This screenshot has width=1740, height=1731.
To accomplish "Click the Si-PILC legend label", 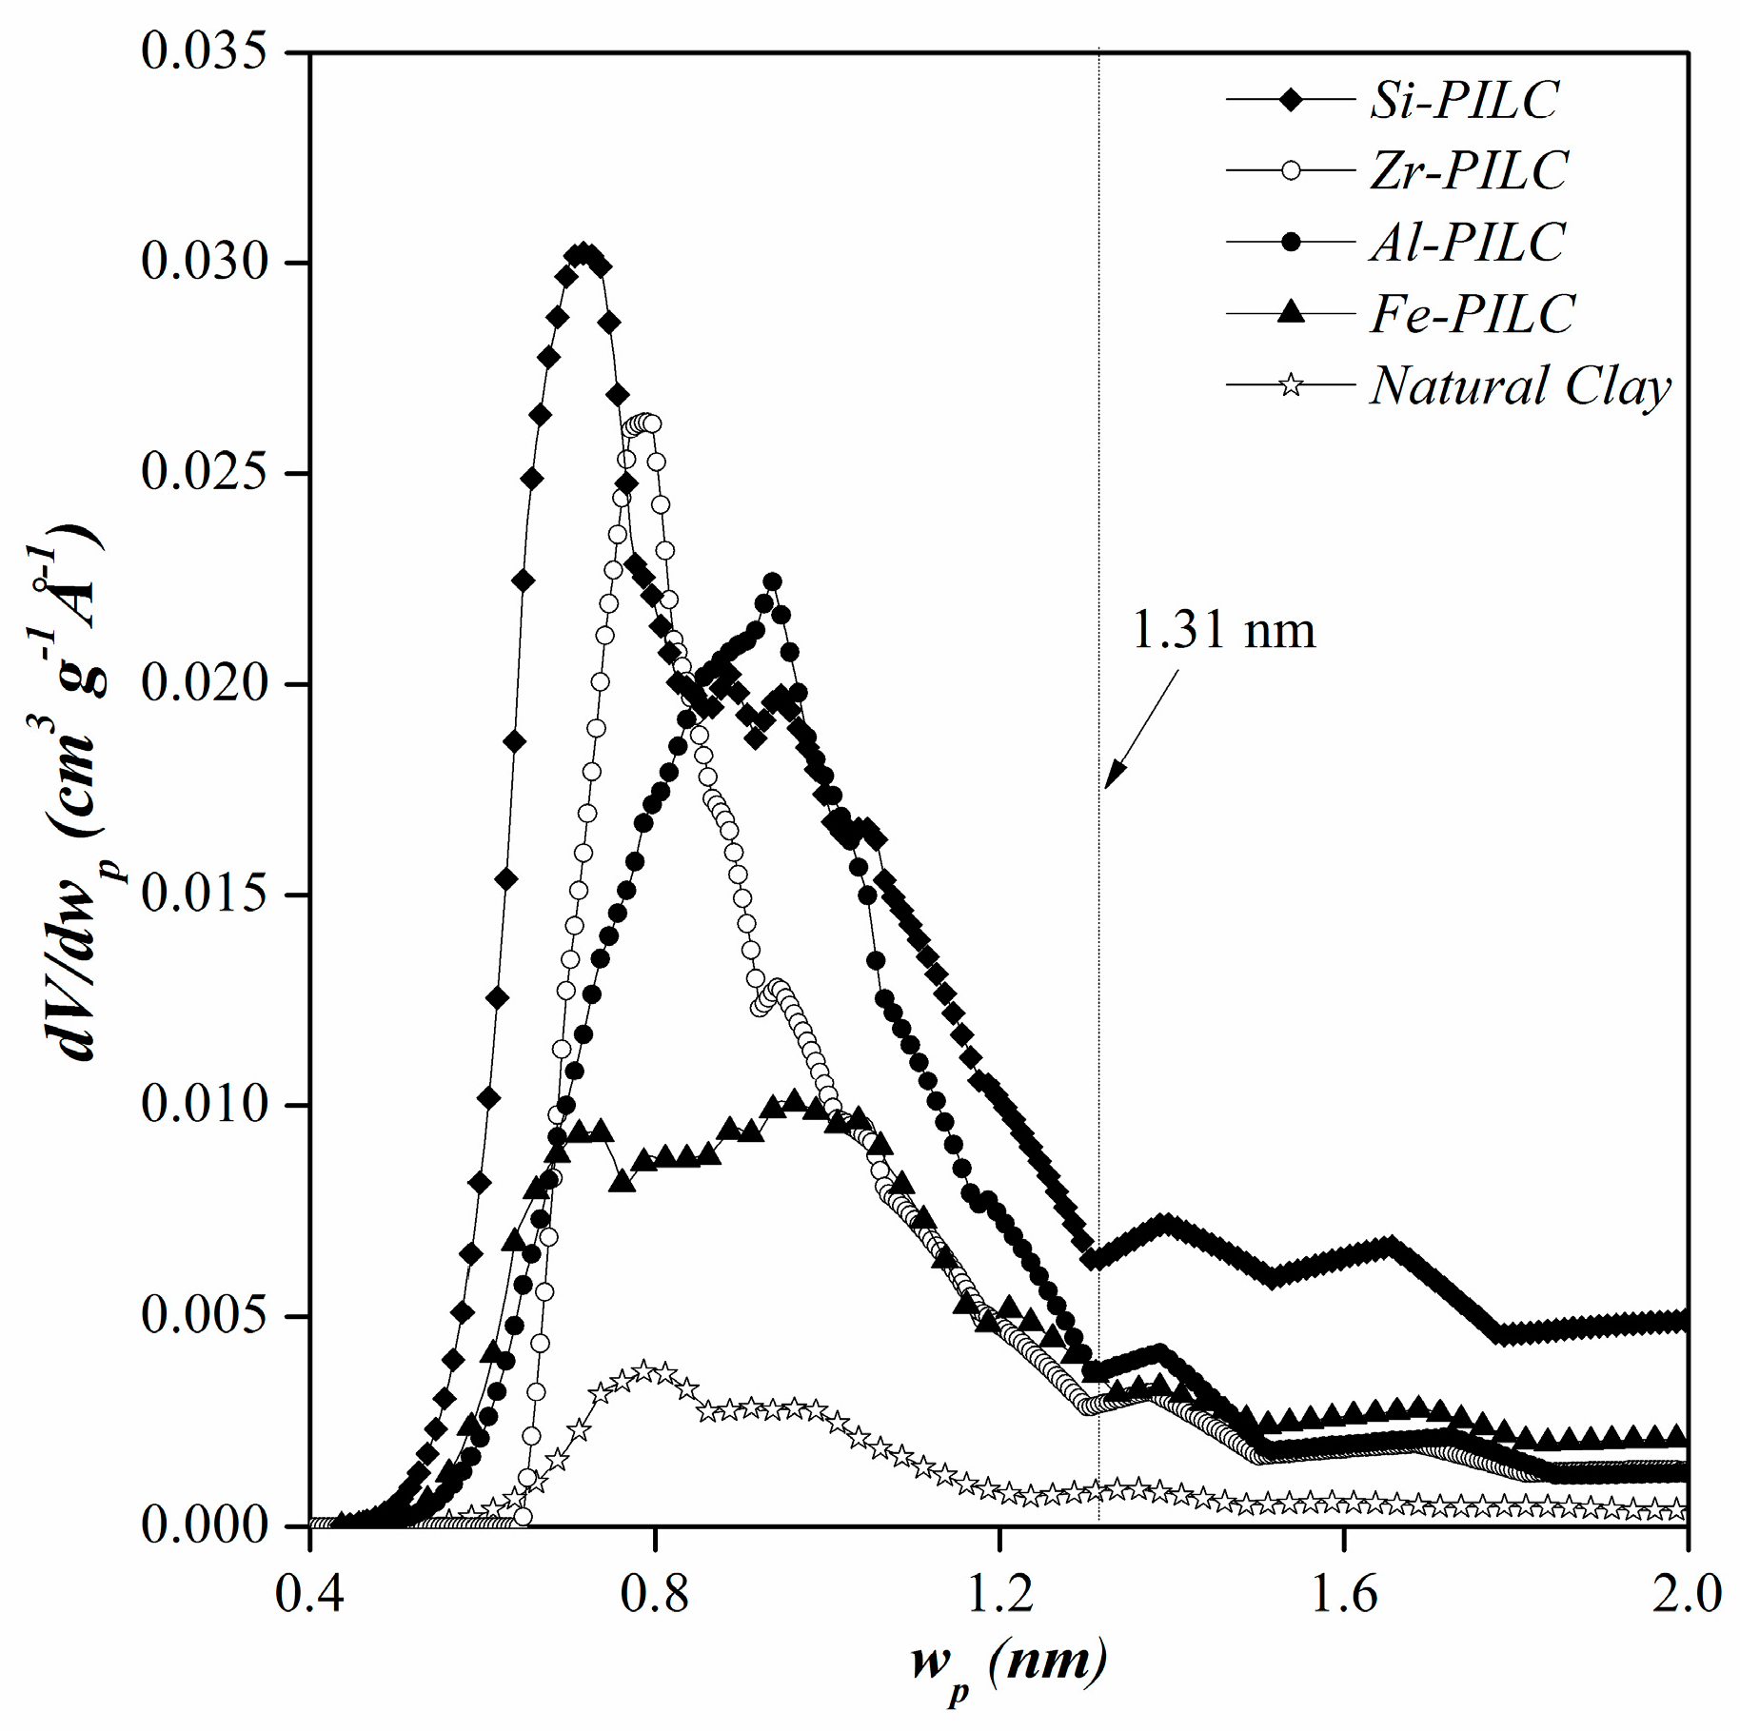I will (1464, 100).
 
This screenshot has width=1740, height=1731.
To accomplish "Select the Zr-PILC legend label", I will (1469, 171).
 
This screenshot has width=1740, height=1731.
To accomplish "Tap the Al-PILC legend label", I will (1467, 243).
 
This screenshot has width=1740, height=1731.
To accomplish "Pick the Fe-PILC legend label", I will (1473, 314).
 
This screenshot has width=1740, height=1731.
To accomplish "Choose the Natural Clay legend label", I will (1520, 386).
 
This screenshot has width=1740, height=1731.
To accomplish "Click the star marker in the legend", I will (1290, 385).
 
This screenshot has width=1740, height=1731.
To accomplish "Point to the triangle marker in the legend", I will (1290, 312).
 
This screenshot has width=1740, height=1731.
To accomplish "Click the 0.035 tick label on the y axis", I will (203, 50).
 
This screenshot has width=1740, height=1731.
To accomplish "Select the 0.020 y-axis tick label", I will (203, 683).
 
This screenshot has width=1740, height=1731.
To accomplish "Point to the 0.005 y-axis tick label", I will (203, 1316).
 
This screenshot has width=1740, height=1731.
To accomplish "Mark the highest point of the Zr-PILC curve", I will (644, 423).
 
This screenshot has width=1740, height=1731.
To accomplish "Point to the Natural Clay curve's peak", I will (645, 1371).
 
